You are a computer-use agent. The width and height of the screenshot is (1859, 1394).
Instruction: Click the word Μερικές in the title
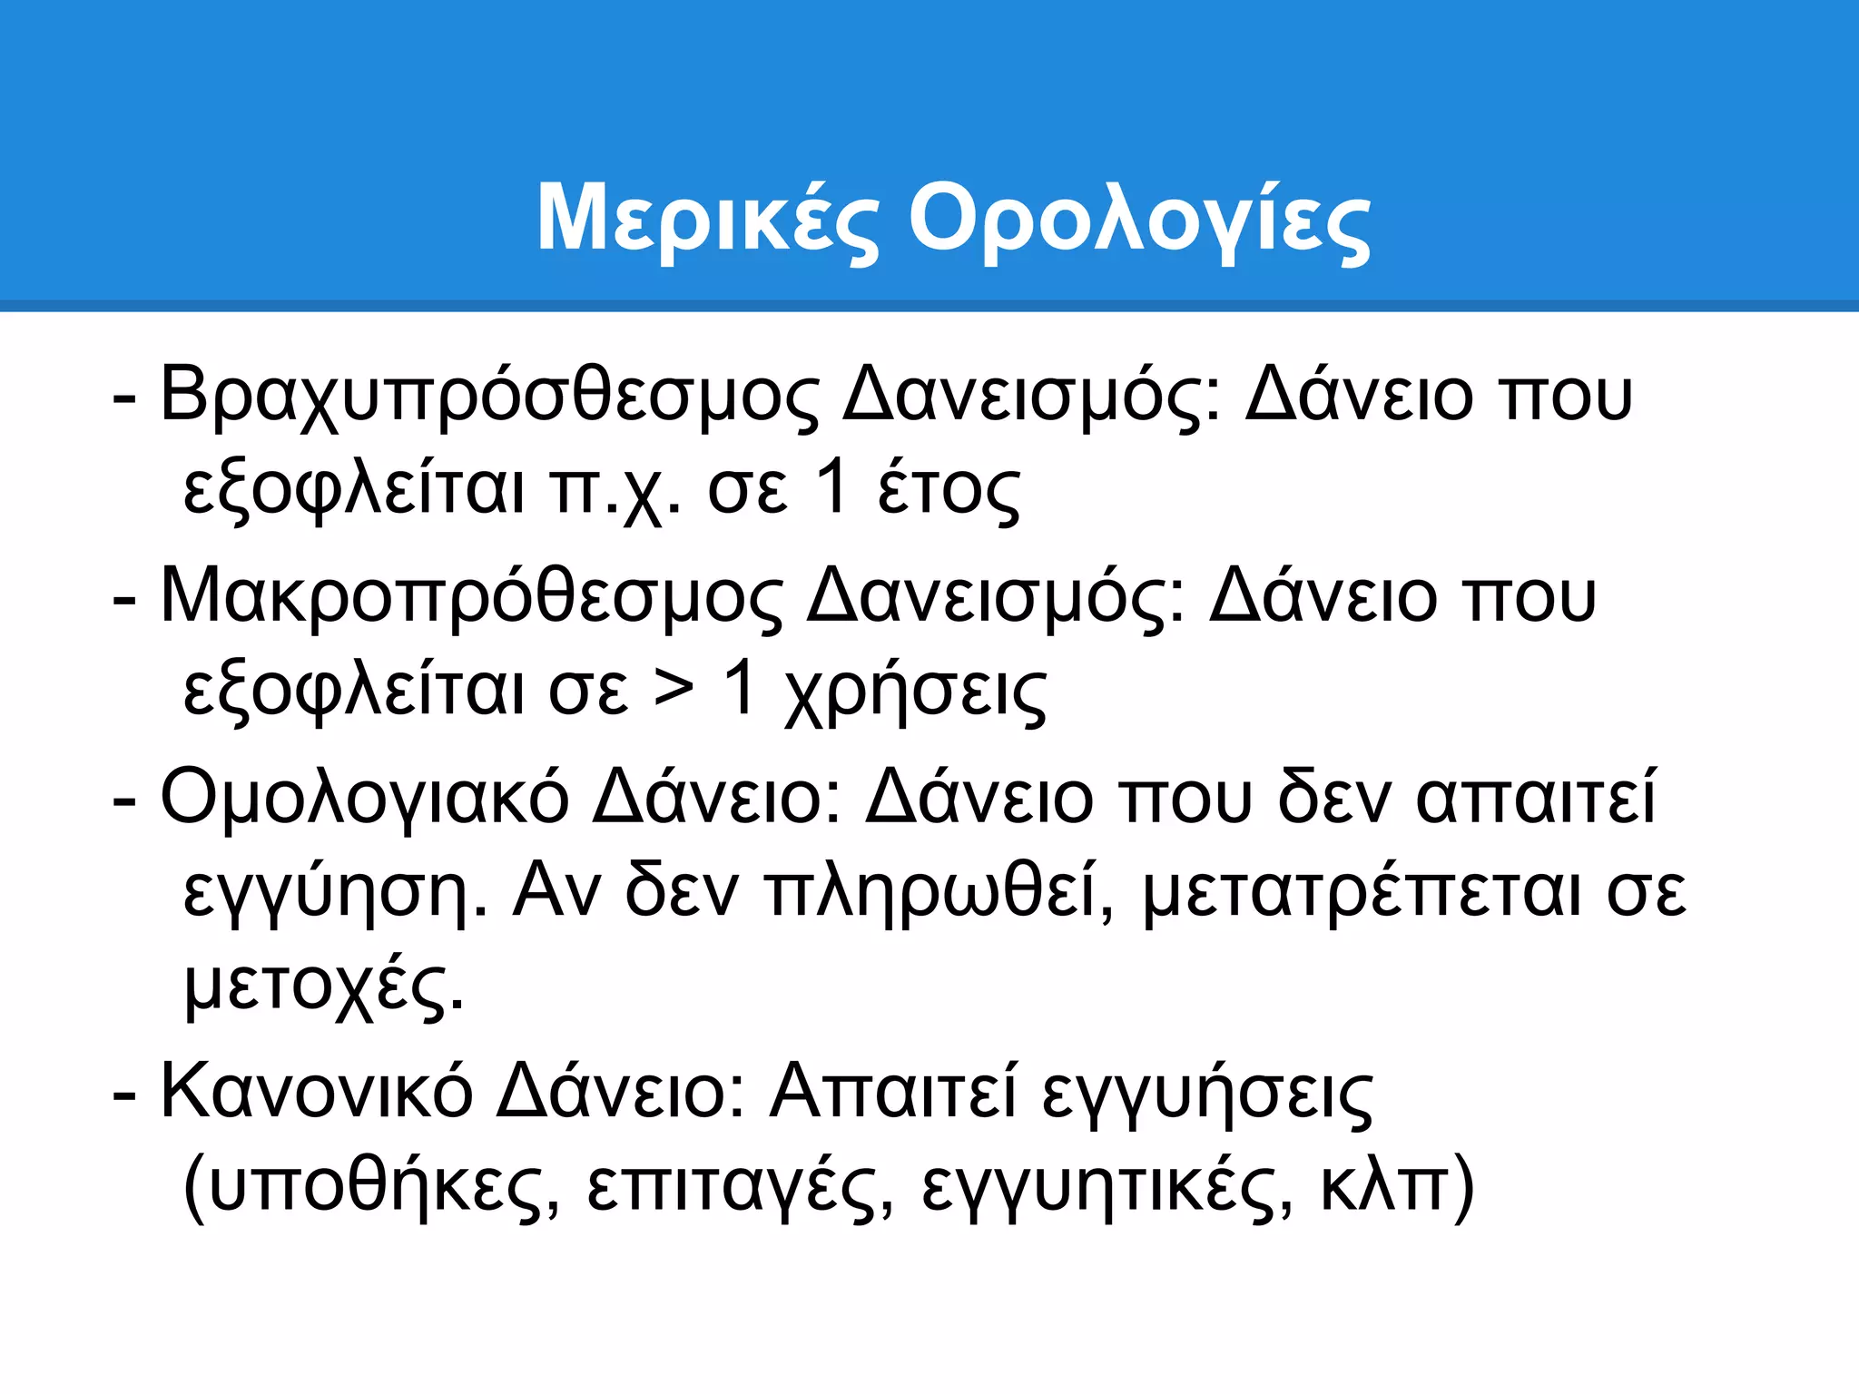(x=708, y=220)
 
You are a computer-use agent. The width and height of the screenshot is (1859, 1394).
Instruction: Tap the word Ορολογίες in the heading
(x=1139, y=220)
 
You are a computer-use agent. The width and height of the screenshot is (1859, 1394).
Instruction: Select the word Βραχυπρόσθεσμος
(x=488, y=397)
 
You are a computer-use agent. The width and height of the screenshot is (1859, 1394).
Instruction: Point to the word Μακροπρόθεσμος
(x=470, y=598)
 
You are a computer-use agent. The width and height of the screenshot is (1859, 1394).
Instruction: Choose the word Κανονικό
(x=316, y=1092)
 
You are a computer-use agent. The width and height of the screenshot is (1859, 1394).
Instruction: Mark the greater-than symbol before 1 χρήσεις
(x=674, y=690)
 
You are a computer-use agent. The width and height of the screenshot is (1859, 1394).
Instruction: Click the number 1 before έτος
(x=832, y=487)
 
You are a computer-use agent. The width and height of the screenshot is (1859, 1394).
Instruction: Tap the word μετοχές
(x=323, y=987)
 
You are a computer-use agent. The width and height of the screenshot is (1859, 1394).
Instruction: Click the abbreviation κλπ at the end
(x=1383, y=1186)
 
